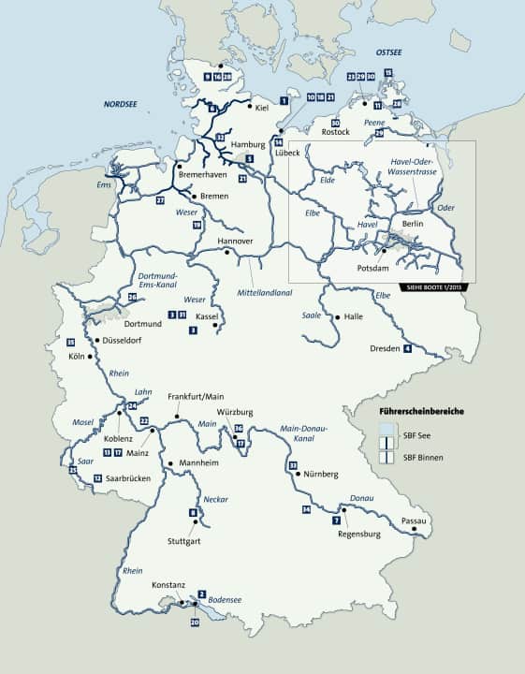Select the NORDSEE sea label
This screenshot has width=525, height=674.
coord(121,106)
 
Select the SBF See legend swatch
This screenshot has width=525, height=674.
coord(386,432)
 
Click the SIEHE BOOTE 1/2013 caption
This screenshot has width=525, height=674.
coord(437,286)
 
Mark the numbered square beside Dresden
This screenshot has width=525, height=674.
coord(407,349)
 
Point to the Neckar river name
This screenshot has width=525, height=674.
coord(216,499)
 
